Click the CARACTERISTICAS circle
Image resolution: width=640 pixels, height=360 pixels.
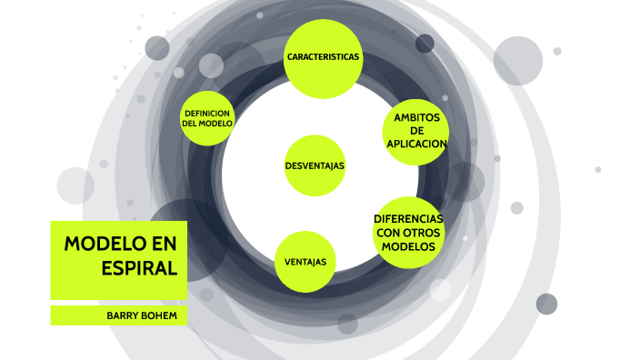pyautogui.click(x=323, y=57)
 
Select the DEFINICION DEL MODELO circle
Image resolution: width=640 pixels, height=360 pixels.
pyautogui.click(x=208, y=118)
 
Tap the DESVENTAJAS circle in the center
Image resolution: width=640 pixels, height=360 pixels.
pyautogui.click(x=315, y=165)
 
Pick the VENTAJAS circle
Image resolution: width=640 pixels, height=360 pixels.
pyautogui.click(x=305, y=263)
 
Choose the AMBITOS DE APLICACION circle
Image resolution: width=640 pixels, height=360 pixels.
pyautogui.click(x=416, y=131)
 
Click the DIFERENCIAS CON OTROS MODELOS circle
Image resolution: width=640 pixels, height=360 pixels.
pyautogui.click(x=409, y=233)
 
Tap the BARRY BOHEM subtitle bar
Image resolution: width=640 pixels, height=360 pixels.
pyautogui.click(x=118, y=315)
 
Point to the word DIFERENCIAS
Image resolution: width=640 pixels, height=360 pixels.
pyautogui.click(x=409, y=219)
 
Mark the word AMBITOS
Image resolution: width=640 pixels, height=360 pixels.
pyautogui.click(x=416, y=117)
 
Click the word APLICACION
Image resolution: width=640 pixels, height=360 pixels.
pyautogui.click(x=416, y=145)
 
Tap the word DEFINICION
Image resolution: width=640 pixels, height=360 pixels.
pyautogui.click(x=208, y=113)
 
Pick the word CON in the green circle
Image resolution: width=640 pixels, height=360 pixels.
pyautogui.click(x=388, y=233)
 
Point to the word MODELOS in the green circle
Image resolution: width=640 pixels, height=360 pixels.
pyautogui.click(x=409, y=246)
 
